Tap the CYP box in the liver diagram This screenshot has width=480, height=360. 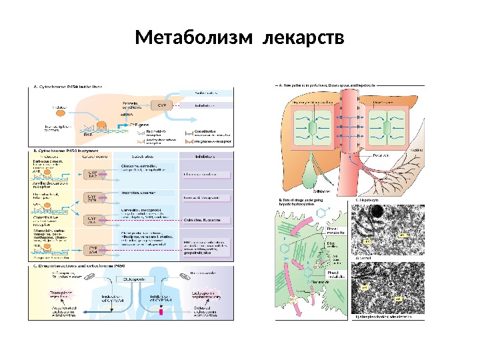click(160, 105)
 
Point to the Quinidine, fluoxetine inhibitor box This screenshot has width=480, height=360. click(206, 218)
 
